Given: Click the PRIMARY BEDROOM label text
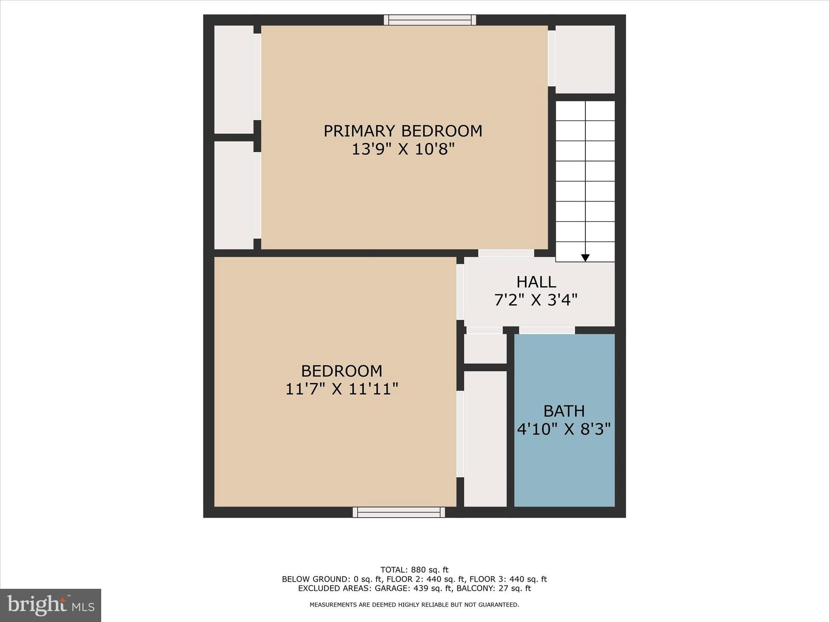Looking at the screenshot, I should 403,131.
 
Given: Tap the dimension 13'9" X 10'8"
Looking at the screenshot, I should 403,149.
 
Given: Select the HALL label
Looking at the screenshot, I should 536,281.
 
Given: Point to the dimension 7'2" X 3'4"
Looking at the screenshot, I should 536,300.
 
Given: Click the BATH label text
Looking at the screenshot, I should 564,411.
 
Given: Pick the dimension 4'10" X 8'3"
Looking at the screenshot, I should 564,429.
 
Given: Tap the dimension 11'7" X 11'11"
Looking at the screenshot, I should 342,389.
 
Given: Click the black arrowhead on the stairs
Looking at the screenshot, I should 585,258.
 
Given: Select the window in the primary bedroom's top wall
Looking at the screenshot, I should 430,20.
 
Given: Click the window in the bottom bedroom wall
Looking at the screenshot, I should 399,512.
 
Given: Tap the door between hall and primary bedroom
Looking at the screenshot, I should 506,253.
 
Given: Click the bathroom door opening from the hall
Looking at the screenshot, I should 546,330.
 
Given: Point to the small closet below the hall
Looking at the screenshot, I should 485,348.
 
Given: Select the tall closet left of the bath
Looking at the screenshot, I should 485,438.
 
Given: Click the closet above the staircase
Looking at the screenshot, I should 585,60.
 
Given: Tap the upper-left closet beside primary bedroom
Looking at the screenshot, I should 234,79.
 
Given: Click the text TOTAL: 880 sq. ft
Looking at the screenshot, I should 414,570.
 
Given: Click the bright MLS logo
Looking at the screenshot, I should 51,605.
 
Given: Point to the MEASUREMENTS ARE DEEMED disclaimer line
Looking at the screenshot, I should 414,605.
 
